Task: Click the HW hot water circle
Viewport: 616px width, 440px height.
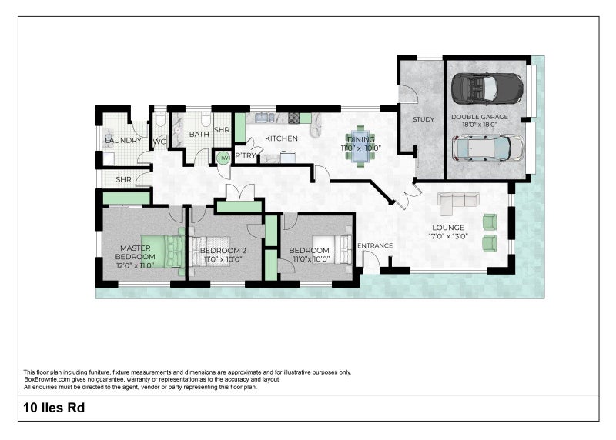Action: click(223, 158)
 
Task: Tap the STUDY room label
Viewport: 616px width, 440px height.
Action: click(423, 119)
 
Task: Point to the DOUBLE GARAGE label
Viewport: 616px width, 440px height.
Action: click(479, 117)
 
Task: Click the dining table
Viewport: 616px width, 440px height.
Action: click(361, 146)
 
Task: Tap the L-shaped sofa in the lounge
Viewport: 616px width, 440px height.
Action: click(458, 203)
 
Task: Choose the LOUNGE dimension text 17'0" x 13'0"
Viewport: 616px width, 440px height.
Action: click(448, 236)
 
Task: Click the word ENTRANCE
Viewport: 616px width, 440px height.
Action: click(375, 245)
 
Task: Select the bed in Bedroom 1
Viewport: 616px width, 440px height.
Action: click(332, 249)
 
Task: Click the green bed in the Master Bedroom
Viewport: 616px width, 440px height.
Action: click(162, 252)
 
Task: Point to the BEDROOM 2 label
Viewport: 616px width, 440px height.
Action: click(223, 251)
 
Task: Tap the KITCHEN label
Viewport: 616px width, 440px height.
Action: click(281, 138)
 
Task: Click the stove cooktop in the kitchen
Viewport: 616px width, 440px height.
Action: click(293, 118)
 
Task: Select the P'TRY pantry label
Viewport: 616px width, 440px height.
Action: click(246, 156)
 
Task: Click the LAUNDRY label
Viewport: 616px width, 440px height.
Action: click(123, 141)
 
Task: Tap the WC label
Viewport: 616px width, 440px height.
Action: click(159, 142)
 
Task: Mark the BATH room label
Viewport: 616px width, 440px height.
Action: click(199, 135)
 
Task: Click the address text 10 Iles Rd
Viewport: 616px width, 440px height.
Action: click(54, 408)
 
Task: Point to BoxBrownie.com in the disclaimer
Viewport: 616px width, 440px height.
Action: click(47, 379)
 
